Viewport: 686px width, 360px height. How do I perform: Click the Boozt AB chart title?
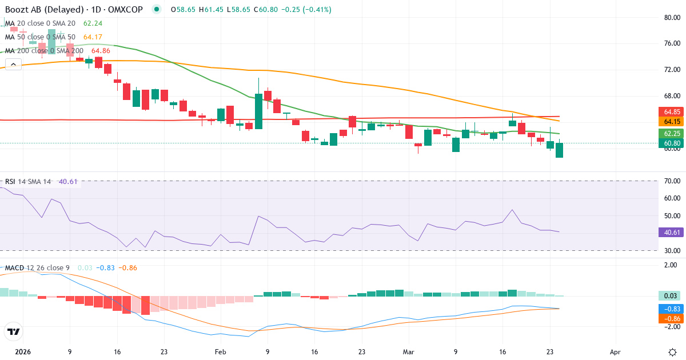coord(74,10)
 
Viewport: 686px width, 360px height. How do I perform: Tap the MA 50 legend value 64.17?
coord(94,37)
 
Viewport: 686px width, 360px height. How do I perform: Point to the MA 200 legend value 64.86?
coord(95,51)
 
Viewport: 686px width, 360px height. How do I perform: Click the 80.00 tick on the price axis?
coord(668,17)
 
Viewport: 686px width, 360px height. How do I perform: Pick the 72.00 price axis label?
coord(668,70)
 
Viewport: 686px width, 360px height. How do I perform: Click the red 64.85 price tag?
coord(672,112)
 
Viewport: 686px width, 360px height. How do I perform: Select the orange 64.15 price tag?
coord(672,122)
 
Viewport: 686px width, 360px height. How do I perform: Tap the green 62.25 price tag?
coord(672,133)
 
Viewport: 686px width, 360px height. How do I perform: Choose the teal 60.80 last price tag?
coord(672,143)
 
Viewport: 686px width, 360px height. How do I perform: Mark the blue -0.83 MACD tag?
coord(672,308)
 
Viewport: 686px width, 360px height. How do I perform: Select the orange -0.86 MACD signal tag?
coord(672,318)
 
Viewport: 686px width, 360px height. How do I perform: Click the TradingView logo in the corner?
coord(14,331)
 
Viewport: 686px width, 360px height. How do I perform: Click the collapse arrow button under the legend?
coord(13,64)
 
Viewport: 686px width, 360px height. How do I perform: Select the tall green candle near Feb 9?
coord(258,111)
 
